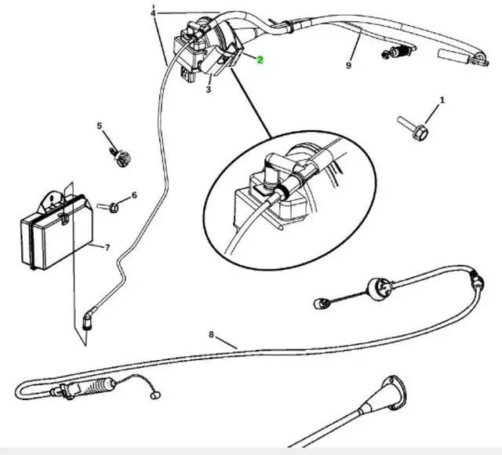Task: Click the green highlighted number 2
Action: click(260, 60)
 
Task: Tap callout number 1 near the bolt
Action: click(442, 100)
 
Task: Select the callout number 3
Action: click(209, 89)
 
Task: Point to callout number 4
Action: click(153, 13)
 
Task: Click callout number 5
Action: click(100, 126)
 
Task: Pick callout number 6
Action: click(134, 195)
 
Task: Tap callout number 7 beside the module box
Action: click(107, 248)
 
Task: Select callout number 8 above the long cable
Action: click(211, 334)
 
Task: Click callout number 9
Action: click(348, 65)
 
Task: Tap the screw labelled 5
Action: click(120, 157)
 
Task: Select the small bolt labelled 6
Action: click(108, 207)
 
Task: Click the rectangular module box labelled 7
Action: click(56, 231)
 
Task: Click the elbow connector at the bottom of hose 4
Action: click(87, 320)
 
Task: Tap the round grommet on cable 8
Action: click(379, 289)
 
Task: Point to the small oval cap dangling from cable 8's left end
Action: click(155, 395)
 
